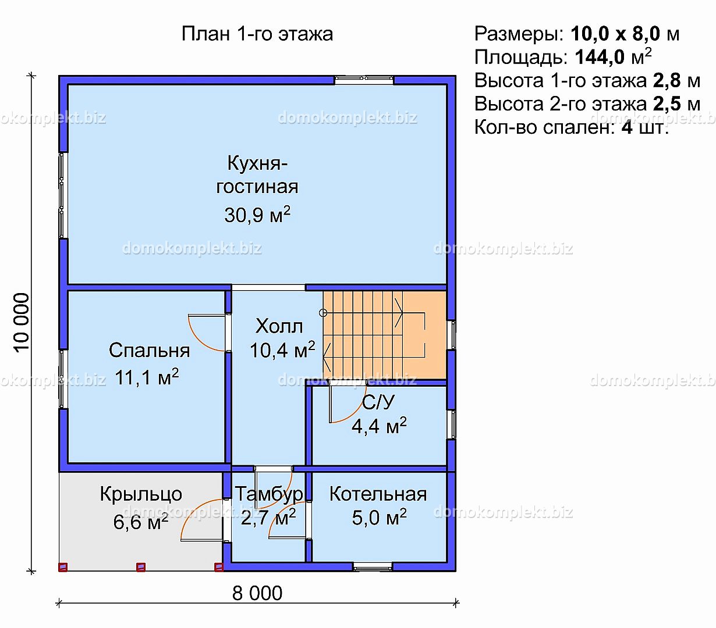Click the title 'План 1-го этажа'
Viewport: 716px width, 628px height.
pyautogui.click(x=257, y=34)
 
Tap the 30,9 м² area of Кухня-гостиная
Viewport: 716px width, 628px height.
pyautogui.click(x=257, y=214)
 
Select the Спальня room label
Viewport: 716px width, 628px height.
pyautogui.click(x=149, y=350)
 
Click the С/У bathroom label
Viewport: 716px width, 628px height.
pyautogui.click(x=378, y=402)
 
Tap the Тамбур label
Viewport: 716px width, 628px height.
pyautogui.click(x=269, y=494)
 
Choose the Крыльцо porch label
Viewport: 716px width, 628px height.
pyautogui.click(x=141, y=494)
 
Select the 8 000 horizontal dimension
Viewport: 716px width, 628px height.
pyautogui.click(x=257, y=593)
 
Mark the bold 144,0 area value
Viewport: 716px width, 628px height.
pyautogui.click(x=600, y=57)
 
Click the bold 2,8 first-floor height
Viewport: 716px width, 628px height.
pyautogui.click(x=667, y=80)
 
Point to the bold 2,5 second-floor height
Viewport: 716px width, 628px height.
pyautogui.click(x=667, y=104)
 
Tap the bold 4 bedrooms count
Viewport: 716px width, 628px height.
pyautogui.click(x=627, y=127)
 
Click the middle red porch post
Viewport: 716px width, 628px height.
pyautogui.click(x=141, y=567)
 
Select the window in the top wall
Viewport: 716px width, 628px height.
pyautogui.click(x=364, y=80)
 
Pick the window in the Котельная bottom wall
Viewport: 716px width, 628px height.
pyautogui.click(x=373, y=567)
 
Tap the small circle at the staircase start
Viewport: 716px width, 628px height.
pyautogui.click(x=322, y=313)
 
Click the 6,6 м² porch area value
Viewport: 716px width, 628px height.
pyautogui.click(x=141, y=522)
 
